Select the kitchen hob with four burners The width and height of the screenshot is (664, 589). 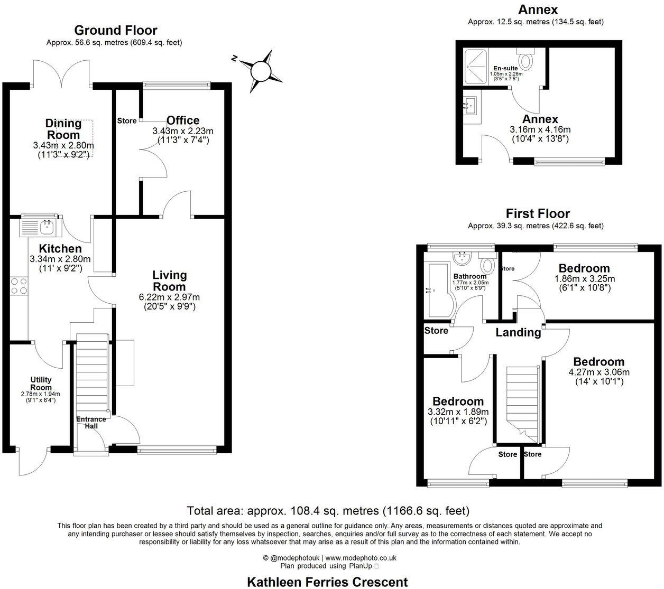coord(19,286)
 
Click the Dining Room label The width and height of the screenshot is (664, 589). coord(63,129)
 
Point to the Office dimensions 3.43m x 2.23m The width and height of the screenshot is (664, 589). coord(183,131)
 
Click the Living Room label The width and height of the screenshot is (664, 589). coord(169,281)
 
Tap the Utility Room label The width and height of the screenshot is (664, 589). coord(41,384)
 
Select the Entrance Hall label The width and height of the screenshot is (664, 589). coord(90,423)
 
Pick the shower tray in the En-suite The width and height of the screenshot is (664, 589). coord(477,67)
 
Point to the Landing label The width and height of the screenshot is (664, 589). coord(518,332)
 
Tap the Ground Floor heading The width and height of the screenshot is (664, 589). coord(115,30)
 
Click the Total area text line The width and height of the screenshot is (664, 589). coord(328,511)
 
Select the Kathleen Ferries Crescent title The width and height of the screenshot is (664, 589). coord(327,582)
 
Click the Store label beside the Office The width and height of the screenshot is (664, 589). coord(127,121)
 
